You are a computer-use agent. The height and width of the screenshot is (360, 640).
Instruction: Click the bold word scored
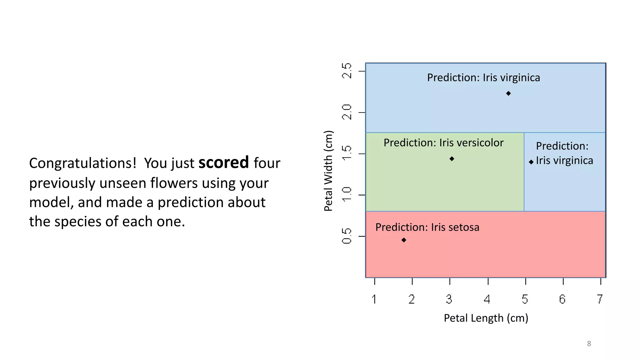point(223,163)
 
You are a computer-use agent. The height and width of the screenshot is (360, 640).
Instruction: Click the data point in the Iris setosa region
point(404,240)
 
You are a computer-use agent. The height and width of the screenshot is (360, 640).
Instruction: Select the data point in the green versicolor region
point(452,159)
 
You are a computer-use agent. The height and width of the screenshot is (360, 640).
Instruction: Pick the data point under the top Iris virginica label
point(508,93)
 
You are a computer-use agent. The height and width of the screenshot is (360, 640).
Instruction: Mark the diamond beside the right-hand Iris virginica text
point(531,162)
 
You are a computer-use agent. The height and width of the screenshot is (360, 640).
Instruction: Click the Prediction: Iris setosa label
point(427,227)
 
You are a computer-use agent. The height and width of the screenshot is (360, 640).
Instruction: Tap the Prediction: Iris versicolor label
point(443,143)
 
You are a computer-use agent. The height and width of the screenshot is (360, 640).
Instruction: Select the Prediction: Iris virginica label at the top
point(483,77)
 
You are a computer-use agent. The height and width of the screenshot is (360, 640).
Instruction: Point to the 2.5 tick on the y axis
point(347,71)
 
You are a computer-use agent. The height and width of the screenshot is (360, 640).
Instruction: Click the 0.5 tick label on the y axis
point(347,236)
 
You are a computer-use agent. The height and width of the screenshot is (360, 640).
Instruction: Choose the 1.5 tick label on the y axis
point(347,153)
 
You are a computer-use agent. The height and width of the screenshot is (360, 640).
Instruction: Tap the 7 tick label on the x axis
point(600,299)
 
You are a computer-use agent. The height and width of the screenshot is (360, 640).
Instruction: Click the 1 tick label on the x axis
point(374,299)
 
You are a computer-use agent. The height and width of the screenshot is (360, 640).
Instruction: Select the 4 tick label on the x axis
point(487,299)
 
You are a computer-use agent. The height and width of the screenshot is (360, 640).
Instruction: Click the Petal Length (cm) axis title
point(486,318)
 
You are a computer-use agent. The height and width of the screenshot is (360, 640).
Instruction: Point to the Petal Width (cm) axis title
point(328,171)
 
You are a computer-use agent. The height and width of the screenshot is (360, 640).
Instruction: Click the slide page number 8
point(589,344)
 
